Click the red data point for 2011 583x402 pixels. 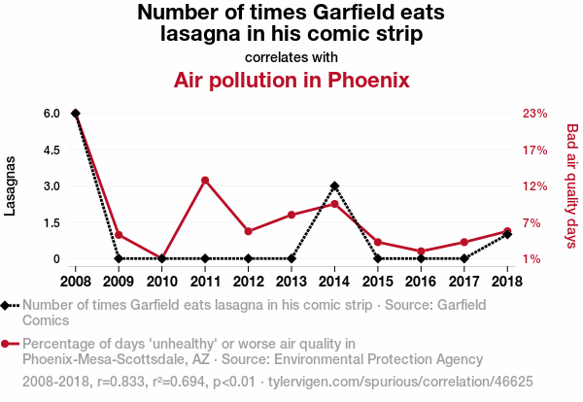click(x=205, y=180)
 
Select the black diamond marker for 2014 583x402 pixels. click(x=334, y=185)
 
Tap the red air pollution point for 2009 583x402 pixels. click(x=119, y=235)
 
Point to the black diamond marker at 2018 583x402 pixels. click(x=507, y=235)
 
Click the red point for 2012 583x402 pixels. click(x=249, y=231)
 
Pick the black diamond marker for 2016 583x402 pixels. click(x=421, y=258)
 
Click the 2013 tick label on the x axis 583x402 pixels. click(x=291, y=282)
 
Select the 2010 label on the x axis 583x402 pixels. click(x=161, y=282)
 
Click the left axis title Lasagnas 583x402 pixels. click(x=12, y=185)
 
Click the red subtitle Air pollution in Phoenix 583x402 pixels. click(x=291, y=80)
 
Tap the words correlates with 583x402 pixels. click(x=291, y=56)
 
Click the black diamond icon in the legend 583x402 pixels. click(x=8, y=305)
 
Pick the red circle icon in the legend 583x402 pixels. click(x=8, y=344)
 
